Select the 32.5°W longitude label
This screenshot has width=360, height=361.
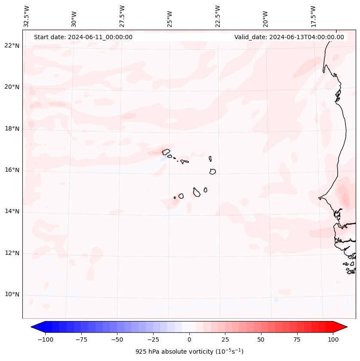[27, 16]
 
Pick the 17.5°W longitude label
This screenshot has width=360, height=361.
[313, 16]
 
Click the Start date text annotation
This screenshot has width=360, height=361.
[83, 37]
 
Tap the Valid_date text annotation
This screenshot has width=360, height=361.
[289, 37]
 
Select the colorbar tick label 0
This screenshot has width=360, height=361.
[189, 339]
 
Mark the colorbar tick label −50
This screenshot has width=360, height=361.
[117, 339]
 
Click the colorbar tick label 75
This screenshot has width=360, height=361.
[297, 339]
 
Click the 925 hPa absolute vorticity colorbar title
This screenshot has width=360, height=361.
[189, 352]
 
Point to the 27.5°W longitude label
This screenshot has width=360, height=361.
[122, 16]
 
